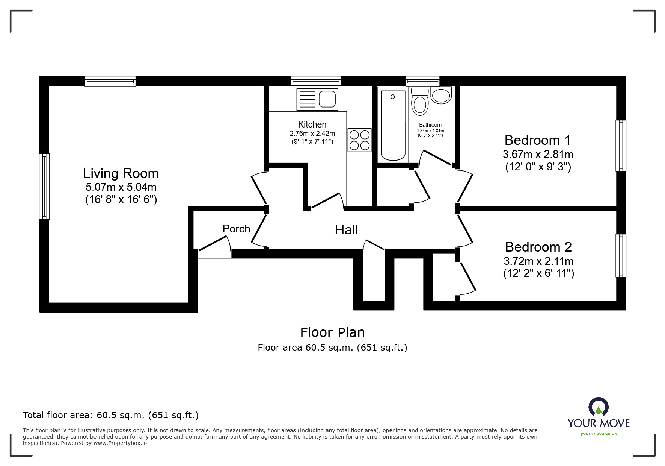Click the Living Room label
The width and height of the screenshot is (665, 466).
(121, 173)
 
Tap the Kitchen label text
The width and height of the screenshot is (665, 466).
(312, 124)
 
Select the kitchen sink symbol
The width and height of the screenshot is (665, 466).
(317, 99)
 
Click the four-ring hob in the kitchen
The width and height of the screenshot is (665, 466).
(359, 140)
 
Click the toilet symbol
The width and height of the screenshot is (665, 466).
(420, 102)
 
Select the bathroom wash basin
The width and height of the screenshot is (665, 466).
(441, 95)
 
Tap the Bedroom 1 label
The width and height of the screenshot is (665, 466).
(537, 140)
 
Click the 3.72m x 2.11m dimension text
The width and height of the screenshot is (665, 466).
(538, 261)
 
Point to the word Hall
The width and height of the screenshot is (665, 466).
(346, 230)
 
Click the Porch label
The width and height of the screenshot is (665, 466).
(236, 229)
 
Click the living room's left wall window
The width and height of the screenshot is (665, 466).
(44, 186)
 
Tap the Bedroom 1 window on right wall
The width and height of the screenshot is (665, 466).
(621, 146)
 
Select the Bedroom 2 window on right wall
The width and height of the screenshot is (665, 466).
(621, 256)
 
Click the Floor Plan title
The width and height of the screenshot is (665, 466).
(332, 332)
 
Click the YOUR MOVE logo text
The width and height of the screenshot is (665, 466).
(599, 423)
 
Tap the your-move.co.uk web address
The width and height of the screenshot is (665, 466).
(599, 434)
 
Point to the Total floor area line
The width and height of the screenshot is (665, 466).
(111, 415)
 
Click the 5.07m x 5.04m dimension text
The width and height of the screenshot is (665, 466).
(121, 187)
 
